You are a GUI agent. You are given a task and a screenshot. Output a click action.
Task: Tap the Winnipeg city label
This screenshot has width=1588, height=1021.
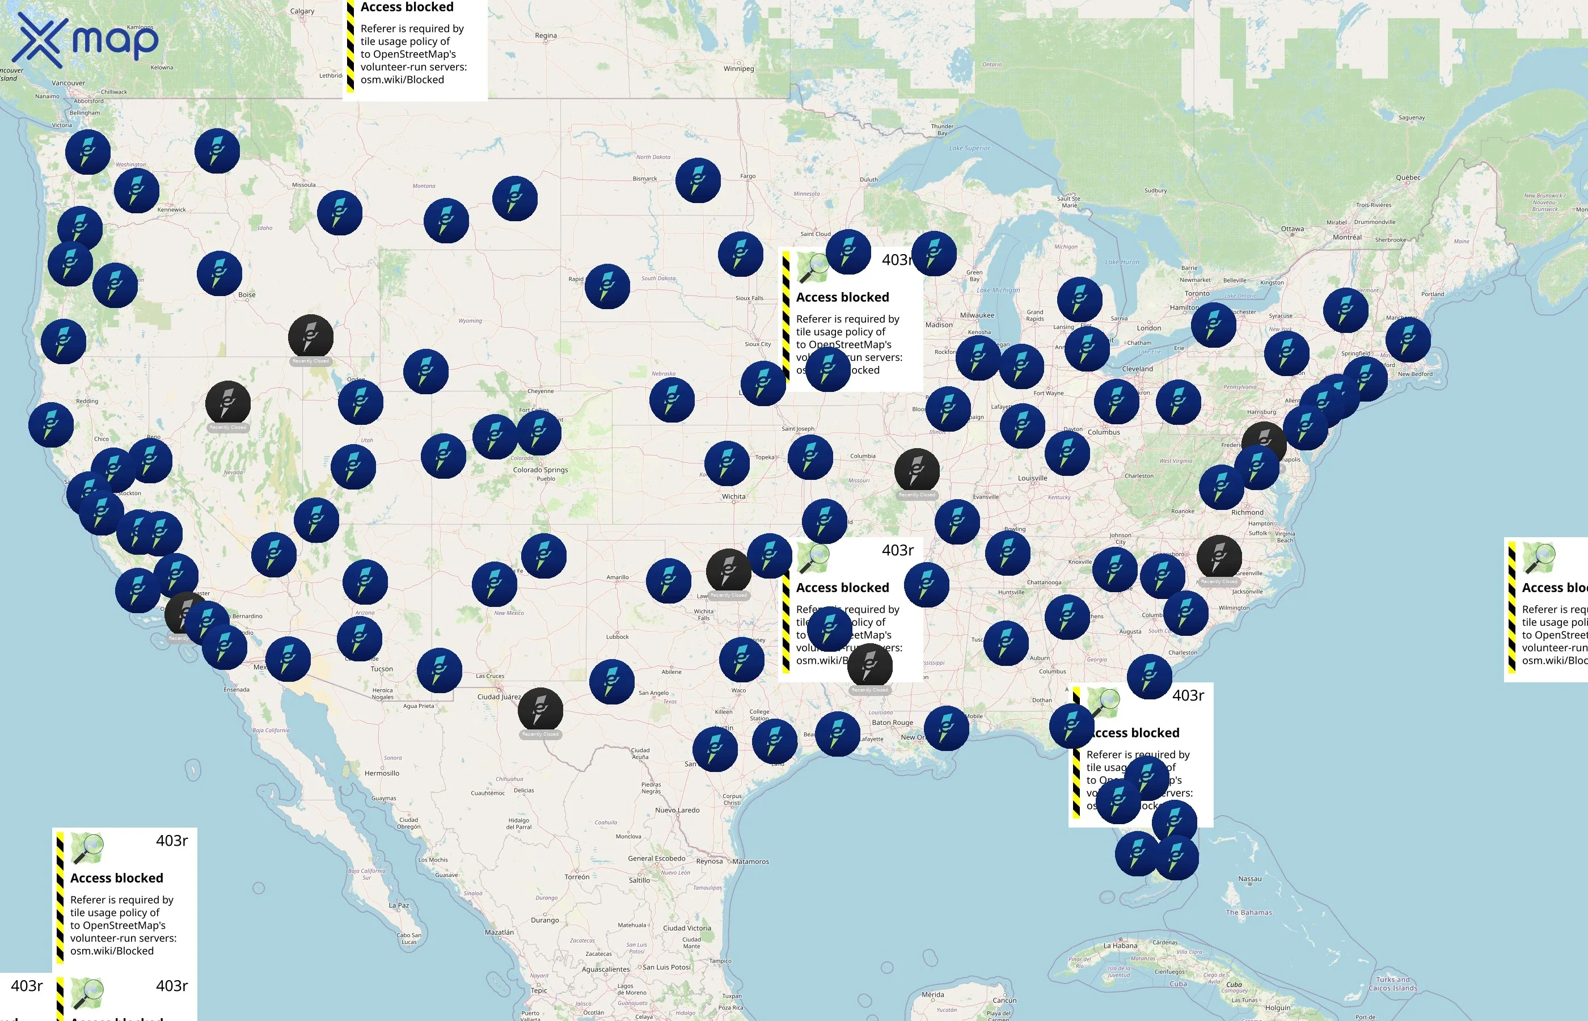(738, 68)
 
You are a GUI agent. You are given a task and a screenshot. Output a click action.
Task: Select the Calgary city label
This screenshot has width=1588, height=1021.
(302, 11)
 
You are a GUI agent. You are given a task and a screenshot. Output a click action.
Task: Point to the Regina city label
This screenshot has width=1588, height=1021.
(546, 36)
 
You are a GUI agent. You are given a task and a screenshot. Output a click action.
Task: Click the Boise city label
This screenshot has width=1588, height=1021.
(247, 294)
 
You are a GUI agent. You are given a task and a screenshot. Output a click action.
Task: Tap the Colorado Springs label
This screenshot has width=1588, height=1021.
(540, 470)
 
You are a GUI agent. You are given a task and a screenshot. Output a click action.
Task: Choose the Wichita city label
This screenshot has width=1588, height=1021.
(733, 496)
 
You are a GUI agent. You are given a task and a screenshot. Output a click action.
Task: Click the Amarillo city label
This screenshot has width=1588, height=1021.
(617, 577)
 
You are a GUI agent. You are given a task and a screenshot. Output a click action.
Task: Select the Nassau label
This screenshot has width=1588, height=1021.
(1249, 879)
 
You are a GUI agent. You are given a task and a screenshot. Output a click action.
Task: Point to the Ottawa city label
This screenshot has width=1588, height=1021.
(1292, 229)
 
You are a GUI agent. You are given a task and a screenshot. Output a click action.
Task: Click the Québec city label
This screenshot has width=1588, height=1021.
(1408, 178)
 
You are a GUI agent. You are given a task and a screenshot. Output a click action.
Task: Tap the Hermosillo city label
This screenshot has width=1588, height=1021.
(382, 773)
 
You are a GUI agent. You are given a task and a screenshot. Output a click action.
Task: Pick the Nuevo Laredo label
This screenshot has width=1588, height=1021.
(677, 810)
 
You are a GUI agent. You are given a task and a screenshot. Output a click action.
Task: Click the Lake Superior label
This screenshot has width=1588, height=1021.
(969, 148)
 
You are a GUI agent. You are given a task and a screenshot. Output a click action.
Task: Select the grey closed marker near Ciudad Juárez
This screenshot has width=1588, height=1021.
(540, 710)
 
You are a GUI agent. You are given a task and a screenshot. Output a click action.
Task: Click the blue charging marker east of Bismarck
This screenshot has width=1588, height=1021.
(698, 180)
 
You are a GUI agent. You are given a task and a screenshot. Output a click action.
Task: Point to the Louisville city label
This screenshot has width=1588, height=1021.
(1032, 478)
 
